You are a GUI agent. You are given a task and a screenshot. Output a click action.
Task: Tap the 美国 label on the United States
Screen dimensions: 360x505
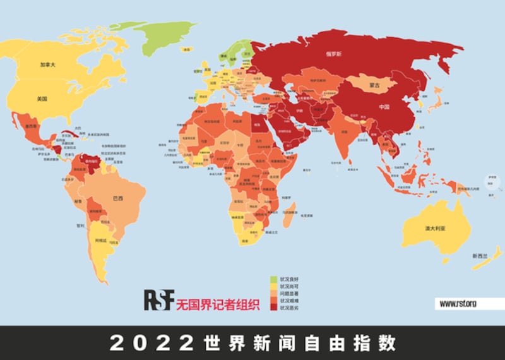coord(42,99)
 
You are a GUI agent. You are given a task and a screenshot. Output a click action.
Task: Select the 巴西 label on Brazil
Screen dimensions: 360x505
coord(117,198)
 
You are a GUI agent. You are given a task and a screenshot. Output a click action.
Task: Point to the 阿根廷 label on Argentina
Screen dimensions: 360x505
coord(101,241)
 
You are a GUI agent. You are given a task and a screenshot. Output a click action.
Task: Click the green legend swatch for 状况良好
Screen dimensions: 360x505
coord(273,279)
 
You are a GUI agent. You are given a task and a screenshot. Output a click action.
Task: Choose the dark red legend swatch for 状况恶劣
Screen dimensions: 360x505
coord(273,308)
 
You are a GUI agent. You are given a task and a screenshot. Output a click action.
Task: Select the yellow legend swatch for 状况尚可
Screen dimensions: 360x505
coord(273,285)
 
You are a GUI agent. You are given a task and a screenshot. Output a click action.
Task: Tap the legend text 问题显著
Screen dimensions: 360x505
coord(288,293)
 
